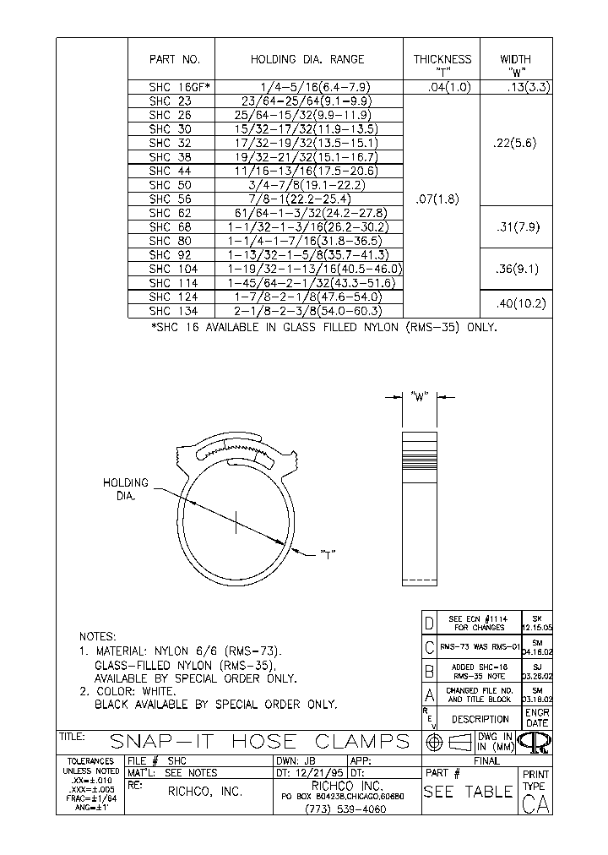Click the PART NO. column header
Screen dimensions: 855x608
tap(174, 59)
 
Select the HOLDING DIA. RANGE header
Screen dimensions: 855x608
tap(307, 59)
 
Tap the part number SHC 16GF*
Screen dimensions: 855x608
tap(179, 87)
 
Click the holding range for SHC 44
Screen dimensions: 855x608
tap(307, 171)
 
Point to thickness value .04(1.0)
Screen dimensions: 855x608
tap(442, 87)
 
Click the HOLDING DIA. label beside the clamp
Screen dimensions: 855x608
tap(126, 489)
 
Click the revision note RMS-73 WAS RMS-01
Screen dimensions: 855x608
tap(480, 647)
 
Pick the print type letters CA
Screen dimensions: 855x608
tap(536, 804)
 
